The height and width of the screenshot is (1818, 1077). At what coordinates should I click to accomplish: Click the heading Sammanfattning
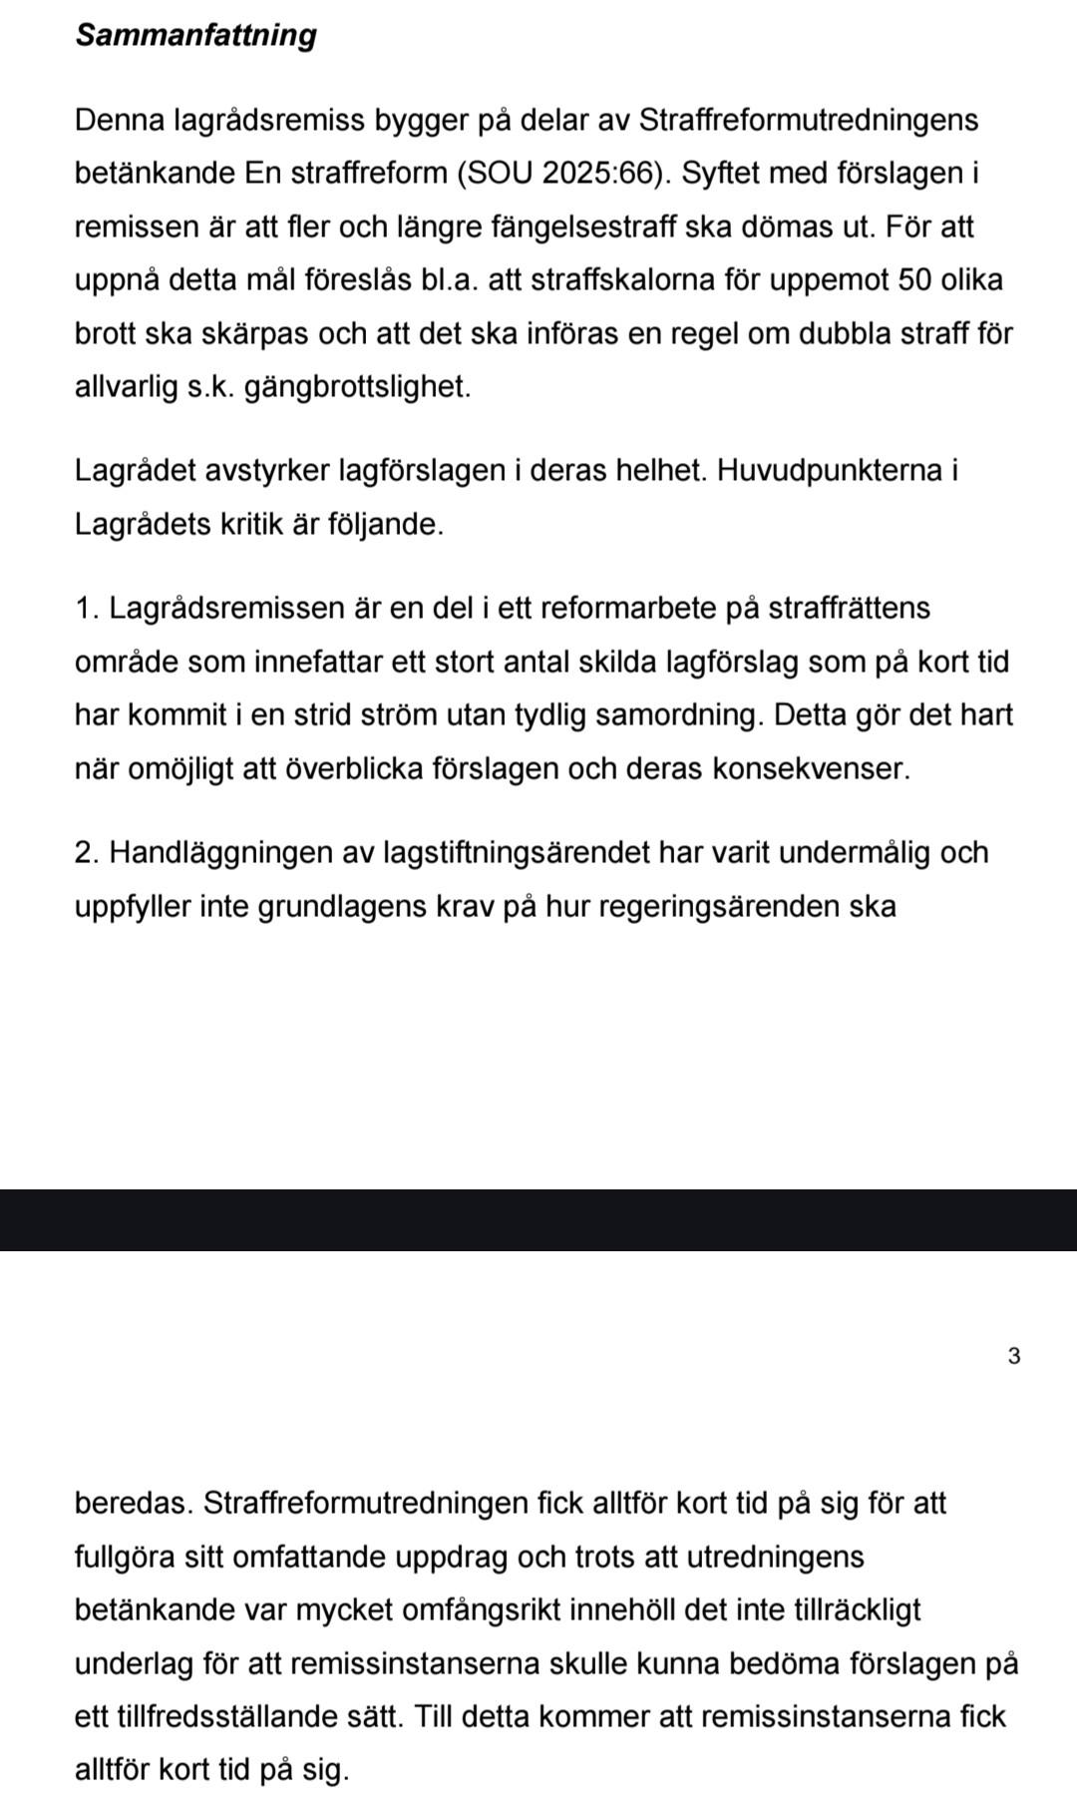(x=196, y=35)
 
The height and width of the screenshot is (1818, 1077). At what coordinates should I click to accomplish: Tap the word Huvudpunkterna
(x=827, y=471)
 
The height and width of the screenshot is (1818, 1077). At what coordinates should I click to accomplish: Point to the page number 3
(x=1014, y=1356)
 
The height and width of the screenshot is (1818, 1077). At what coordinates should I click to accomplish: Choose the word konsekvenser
(x=811, y=769)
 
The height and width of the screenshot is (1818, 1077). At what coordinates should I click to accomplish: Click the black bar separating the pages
(x=538, y=1219)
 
